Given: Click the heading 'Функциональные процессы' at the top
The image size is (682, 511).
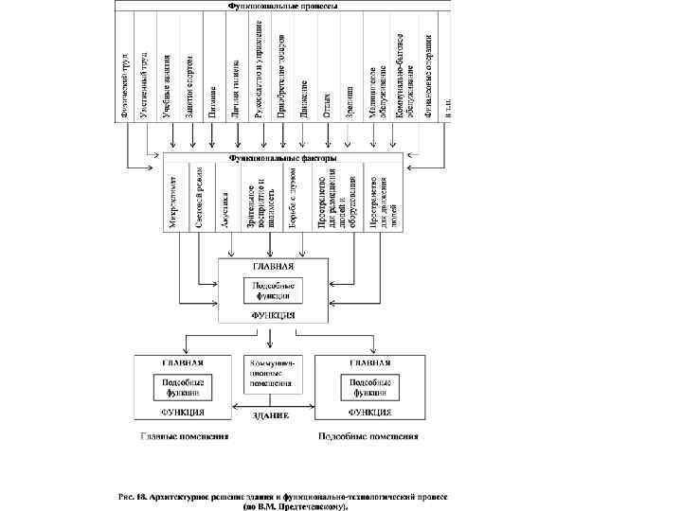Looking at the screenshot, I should coord(283,7).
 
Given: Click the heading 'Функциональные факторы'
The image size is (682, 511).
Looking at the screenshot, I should coord(283,159).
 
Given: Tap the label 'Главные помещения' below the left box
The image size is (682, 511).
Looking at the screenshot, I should coord(170,437).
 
